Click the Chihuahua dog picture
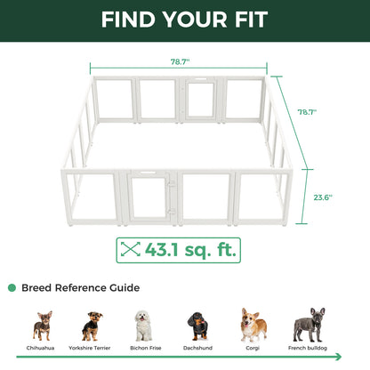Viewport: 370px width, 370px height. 43,326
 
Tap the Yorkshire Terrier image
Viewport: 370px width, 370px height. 92,326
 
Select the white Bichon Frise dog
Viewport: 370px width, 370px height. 143,326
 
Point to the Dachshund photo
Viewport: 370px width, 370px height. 197,326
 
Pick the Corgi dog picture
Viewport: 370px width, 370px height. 253,325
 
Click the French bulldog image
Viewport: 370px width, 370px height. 309,325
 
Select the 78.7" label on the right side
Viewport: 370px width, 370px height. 308,112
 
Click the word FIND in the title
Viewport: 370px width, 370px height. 130,19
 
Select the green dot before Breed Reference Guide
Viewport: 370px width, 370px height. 12,288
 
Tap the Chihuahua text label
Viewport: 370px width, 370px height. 43,349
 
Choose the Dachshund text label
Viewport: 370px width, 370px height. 197,349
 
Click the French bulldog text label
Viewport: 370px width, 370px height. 309,349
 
